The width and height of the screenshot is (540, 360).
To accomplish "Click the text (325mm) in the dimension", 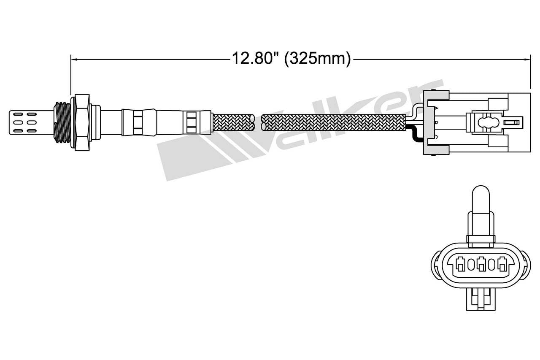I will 317,58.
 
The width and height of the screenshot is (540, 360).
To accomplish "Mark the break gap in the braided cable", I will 258,122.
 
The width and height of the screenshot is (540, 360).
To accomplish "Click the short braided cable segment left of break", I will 233,122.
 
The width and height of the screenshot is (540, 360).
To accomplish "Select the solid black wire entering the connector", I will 414,134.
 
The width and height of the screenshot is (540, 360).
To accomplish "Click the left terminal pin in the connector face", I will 461,265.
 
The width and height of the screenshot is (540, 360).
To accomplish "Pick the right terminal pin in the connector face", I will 502,265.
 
